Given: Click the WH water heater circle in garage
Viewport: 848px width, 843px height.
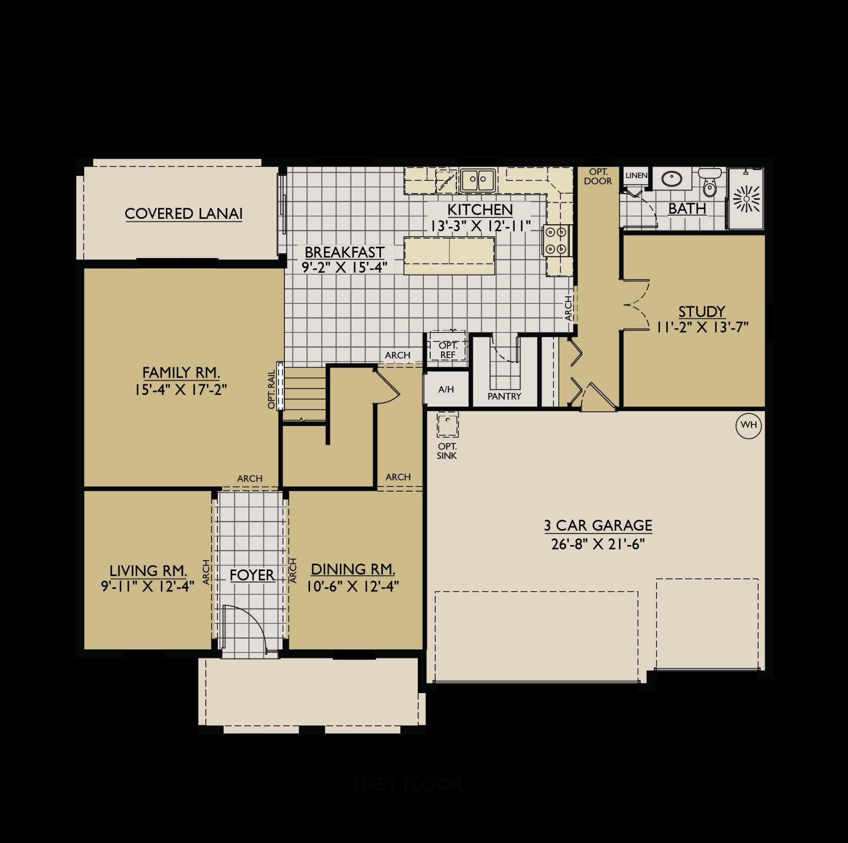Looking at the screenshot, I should coord(748,425).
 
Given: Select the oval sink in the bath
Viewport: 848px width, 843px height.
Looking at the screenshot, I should coord(672,179).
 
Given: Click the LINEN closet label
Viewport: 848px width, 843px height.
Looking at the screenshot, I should coord(636,175).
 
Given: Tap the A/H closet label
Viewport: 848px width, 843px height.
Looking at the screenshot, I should coord(446,389).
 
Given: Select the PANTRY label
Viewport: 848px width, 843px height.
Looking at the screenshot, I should coord(504,396).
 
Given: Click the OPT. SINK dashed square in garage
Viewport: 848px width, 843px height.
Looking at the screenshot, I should coord(447,425).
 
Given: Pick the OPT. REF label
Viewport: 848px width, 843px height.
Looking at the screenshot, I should coord(448,351).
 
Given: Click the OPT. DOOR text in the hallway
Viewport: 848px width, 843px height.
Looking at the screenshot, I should coord(598,177).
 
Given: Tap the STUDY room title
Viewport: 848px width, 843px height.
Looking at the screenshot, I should coord(701,311).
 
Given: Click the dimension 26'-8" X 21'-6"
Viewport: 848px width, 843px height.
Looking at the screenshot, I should coord(598,544).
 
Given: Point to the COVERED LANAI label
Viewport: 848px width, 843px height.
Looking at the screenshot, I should coord(183,213).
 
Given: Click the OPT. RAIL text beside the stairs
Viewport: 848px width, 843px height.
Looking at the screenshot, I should coord(272,389).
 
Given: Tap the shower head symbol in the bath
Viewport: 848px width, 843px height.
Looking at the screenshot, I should coord(747,198).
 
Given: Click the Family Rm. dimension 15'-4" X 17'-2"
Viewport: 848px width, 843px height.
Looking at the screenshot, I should coord(181,390).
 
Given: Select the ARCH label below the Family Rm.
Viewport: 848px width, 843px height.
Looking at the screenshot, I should coord(250,478).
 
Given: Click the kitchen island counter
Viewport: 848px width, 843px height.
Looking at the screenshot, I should coord(449,256).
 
